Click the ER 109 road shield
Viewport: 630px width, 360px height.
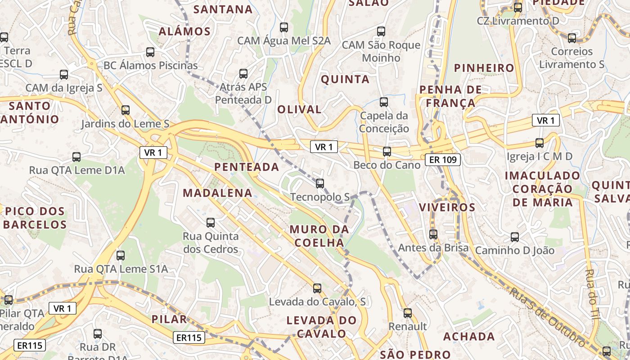tap(443, 159)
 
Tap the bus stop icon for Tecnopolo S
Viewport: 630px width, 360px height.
tap(320, 184)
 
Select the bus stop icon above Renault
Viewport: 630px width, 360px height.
tap(408, 313)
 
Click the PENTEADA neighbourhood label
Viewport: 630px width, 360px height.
tap(247, 167)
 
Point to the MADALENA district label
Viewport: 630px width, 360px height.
tap(217, 193)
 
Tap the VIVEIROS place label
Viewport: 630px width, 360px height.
tap(447, 207)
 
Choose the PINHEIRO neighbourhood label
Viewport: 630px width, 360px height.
tap(484, 68)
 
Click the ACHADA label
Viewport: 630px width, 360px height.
tap(469, 337)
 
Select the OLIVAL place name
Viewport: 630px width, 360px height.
tap(299, 109)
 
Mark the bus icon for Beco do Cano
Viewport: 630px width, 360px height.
tap(387, 152)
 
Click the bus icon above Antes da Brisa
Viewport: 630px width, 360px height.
tap(433, 234)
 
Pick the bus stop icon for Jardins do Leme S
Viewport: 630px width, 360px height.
tap(126, 110)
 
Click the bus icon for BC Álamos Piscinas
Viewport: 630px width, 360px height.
tap(150, 52)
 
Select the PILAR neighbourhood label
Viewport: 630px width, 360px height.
tap(169, 319)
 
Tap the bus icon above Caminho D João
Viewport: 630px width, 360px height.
tap(515, 237)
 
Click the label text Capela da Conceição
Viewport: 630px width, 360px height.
tap(384, 122)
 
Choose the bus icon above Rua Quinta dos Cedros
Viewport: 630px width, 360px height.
tap(211, 222)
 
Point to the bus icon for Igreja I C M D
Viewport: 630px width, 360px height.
tap(540, 143)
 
